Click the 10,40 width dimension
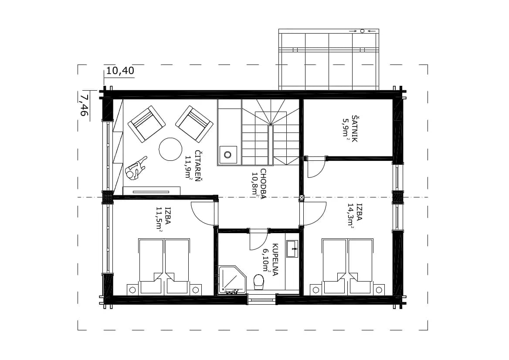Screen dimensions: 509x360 pos(120,71)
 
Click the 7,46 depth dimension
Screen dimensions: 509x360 pos(84,105)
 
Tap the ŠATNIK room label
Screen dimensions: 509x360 pos(354,129)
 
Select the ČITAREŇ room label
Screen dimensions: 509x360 pos(197,166)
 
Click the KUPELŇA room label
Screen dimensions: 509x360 pos(275,260)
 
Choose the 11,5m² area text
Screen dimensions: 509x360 pos(159,219)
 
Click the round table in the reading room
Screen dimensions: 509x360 pos(170,149)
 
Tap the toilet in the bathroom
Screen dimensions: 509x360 pos(259,281)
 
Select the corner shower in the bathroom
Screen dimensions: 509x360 pos(233,280)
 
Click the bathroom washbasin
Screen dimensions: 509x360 pos(292,248)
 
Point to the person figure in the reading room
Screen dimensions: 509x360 pos(136,168)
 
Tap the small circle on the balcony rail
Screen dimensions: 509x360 pos(363,31)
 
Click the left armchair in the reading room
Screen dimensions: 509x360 pos(146,124)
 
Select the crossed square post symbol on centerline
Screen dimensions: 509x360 pos(302,197)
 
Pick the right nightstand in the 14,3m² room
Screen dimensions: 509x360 pos(379,289)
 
